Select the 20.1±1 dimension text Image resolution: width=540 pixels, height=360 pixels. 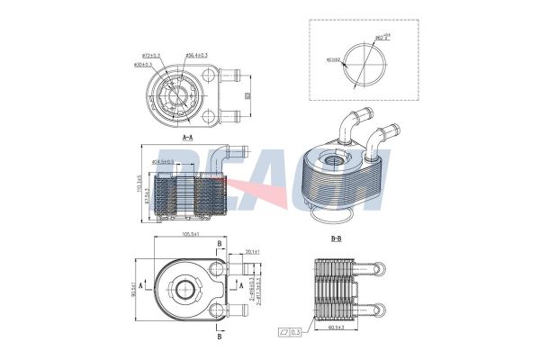pos(251,252)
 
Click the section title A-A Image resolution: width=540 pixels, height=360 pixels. pos(188,138)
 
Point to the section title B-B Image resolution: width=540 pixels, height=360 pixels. pos(337,238)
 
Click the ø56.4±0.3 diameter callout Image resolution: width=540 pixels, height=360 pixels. pos(196,55)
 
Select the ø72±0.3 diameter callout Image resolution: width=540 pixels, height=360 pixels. pos(149,55)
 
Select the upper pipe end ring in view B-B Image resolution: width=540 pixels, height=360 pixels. pos(384,268)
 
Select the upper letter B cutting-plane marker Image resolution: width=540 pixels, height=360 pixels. pos(220,245)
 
